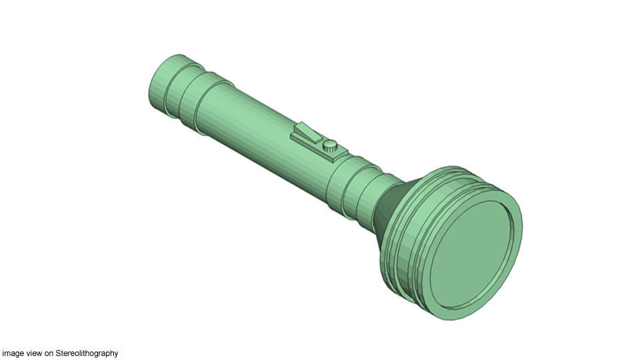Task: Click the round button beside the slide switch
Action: (329, 147)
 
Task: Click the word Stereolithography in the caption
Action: (87, 353)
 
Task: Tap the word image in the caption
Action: (12, 353)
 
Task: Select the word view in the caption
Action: (33, 353)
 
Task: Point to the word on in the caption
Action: (49, 353)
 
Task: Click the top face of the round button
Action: (329, 144)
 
